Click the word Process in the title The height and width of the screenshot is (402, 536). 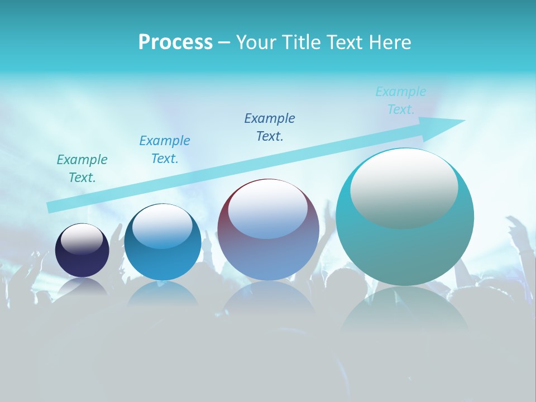175,42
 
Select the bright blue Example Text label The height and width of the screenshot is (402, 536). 165,150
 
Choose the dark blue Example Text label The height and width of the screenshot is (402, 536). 270,127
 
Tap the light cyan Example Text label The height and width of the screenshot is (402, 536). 401,100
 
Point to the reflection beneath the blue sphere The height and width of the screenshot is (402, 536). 162,293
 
